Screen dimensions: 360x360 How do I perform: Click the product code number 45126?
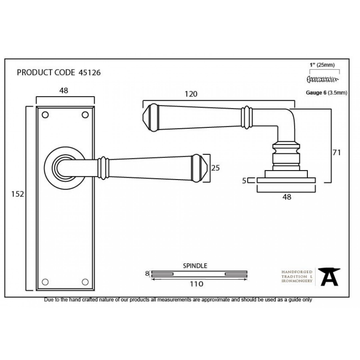(90, 72)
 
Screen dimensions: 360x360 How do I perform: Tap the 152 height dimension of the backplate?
(18, 194)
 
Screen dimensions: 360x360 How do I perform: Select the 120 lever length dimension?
(191, 94)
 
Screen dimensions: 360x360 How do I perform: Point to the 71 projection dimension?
(337, 153)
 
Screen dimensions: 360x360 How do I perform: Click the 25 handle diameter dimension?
(216, 168)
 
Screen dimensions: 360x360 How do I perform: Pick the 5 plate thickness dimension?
(244, 181)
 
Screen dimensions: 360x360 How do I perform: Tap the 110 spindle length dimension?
(197, 284)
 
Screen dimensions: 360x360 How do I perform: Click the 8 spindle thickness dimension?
(147, 274)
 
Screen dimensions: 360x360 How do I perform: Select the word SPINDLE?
(195, 266)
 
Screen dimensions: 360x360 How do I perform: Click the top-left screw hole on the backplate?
(45, 115)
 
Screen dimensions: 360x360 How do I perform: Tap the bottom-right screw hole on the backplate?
(85, 282)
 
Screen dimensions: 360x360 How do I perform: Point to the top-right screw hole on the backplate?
(85, 115)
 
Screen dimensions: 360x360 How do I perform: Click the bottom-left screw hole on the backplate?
(45, 282)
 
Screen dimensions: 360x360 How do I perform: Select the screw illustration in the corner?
(323, 80)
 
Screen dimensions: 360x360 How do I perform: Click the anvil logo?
(329, 277)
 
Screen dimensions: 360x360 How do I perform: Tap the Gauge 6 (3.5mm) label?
(327, 93)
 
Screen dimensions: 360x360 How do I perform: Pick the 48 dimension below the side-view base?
(287, 197)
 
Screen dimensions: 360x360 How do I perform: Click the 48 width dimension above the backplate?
(64, 91)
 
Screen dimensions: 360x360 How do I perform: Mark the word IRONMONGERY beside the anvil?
(297, 281)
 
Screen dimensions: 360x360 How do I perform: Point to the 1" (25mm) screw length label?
(322, 65)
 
